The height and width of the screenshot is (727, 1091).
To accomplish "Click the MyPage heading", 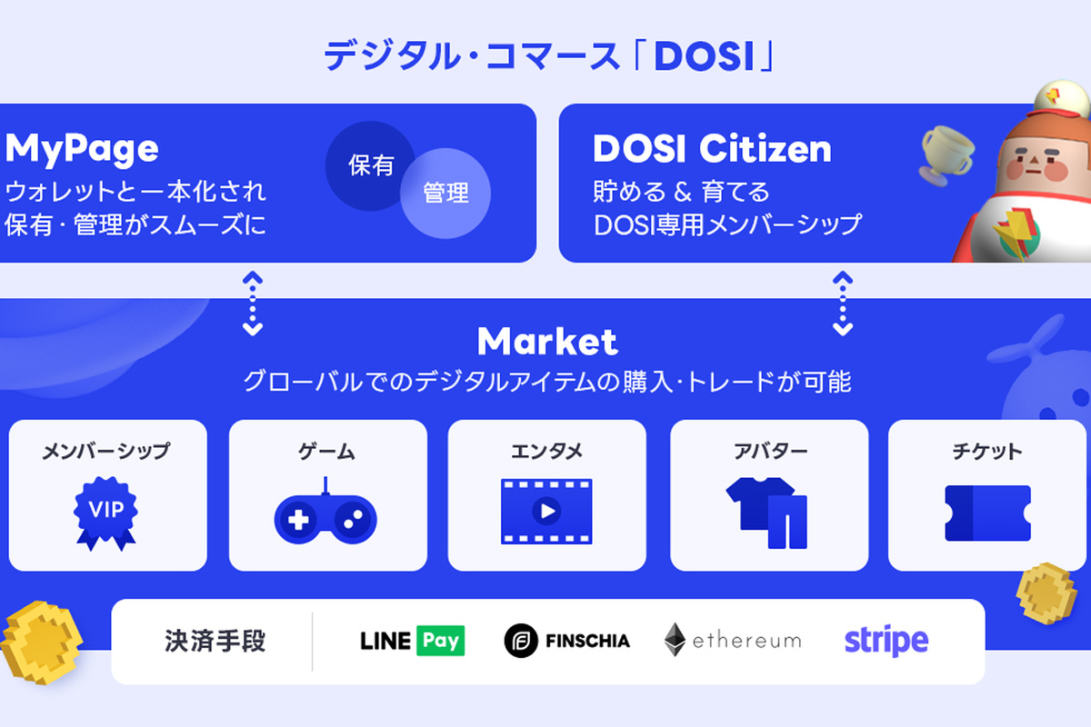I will (82, 149).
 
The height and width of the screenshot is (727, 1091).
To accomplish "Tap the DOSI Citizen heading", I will (712, 149).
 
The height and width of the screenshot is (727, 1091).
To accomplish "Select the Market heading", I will (547, 342).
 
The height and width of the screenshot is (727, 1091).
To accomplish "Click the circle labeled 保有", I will (369, 165).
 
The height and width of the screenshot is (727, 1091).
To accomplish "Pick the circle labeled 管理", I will (445, 194).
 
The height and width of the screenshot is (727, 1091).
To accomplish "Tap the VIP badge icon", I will (105, 513).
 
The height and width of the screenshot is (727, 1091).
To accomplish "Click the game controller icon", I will (325, 515).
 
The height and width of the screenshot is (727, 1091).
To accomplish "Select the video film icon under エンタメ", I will (546, 512).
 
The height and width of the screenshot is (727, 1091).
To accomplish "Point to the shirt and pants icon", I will (766, 513).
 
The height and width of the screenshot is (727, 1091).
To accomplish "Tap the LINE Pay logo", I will (412, 641).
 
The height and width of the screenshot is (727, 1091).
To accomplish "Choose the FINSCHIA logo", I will (567, 641).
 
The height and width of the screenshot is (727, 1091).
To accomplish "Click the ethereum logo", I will (733, 640).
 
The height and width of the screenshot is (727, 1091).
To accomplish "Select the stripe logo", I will (886, 641).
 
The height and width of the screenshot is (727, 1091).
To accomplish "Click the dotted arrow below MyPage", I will (253, 304).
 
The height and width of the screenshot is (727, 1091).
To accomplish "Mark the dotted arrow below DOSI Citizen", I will (843, 304).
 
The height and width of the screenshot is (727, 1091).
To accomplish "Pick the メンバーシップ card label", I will (105, 451).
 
